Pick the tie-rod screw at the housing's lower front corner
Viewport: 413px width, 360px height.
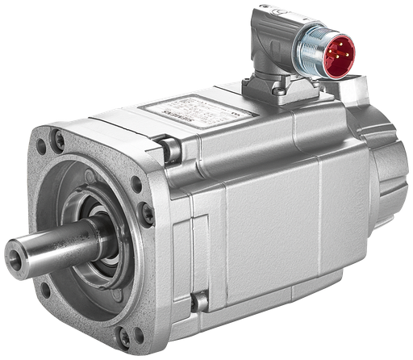198,302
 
